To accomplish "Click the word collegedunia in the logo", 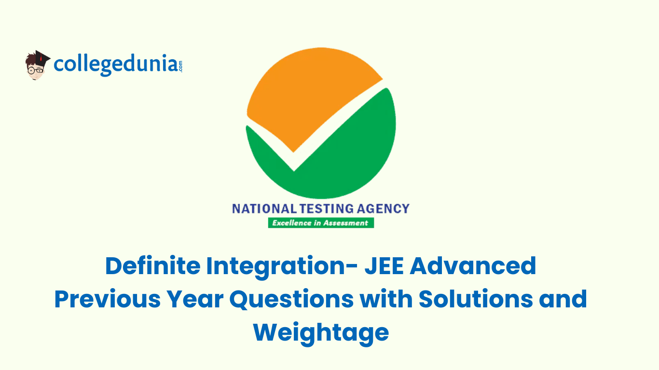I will (115, 65).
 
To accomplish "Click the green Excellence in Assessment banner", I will (321, 223).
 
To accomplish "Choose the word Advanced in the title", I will (473, 266).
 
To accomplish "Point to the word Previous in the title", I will (107, 299).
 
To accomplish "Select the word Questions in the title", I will (291, 299).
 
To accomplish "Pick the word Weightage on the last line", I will (321, 332).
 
